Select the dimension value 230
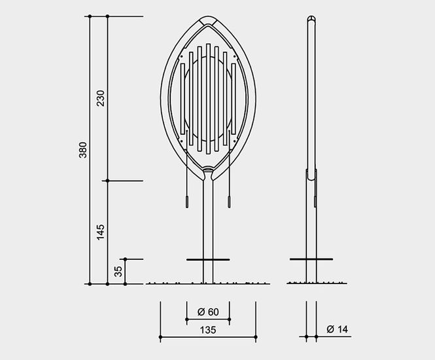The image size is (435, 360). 100,99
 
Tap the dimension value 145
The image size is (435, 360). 100,231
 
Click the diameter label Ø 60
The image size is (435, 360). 208,310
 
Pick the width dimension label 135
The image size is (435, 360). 207,331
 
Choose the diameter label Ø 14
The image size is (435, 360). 336,329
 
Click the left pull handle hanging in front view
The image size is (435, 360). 187,200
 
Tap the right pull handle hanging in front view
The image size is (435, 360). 229,200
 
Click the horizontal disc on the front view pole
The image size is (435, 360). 208,260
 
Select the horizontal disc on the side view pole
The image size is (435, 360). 312,260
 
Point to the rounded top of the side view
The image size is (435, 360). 312,19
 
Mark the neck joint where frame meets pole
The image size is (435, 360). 208,171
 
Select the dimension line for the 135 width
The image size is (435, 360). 207,338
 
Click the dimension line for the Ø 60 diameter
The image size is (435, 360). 208,319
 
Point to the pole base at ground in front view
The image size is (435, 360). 208,281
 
